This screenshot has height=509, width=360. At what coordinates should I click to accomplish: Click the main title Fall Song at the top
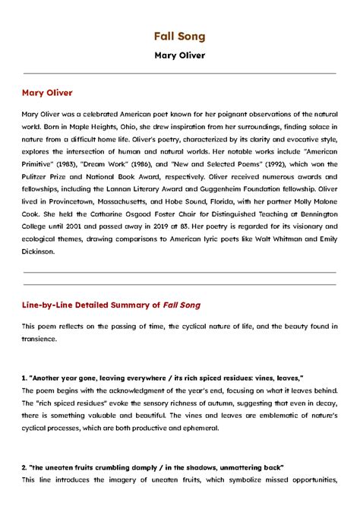[x=180, y=36]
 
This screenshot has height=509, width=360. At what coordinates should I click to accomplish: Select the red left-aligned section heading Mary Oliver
[x=47, y=93]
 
